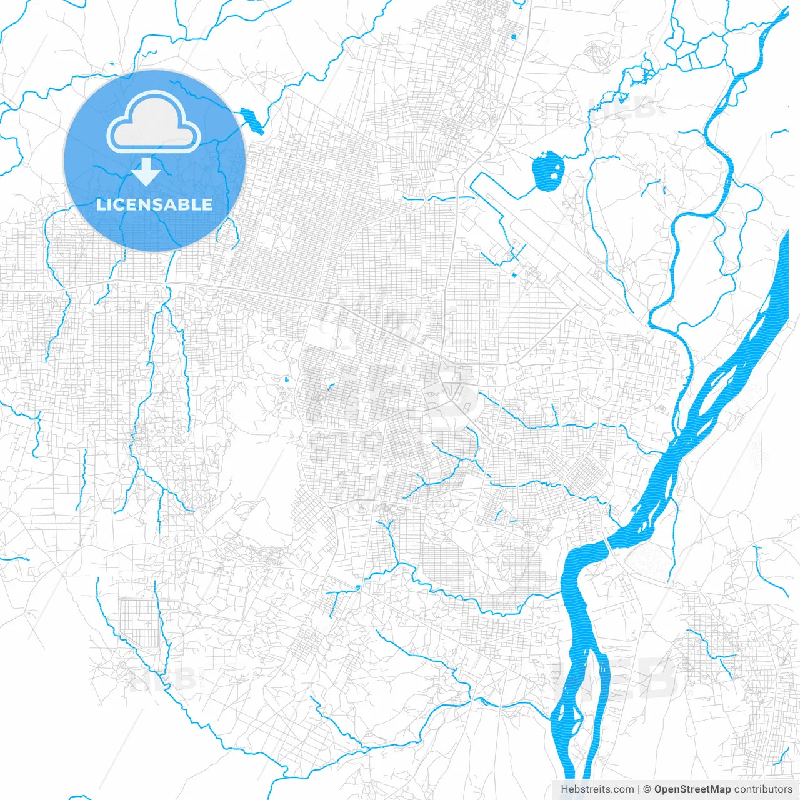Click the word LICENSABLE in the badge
pos(154,204)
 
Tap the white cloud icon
pos(154,122)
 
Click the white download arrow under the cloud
pos(146,171)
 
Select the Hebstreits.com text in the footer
pos(597,789)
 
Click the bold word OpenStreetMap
pos(692,789)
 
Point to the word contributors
pos(763,789)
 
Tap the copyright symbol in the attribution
pos(647,789)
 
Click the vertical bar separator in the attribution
pos(639,789)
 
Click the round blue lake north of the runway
pos(547,171)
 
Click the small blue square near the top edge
pos(513,37)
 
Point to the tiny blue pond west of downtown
pos(286,379)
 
